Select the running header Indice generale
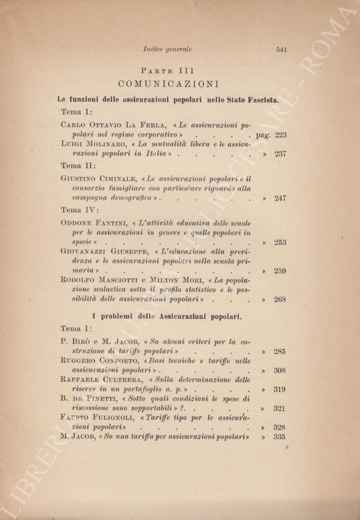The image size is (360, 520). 167,49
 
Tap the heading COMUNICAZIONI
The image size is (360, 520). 168,83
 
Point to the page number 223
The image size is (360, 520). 280,135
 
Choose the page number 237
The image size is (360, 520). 280,154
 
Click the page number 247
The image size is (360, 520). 280,198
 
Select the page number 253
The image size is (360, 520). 280,242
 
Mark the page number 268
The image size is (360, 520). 280,299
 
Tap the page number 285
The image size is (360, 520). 280,351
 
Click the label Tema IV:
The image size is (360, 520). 80,210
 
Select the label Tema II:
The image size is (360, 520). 79,166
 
